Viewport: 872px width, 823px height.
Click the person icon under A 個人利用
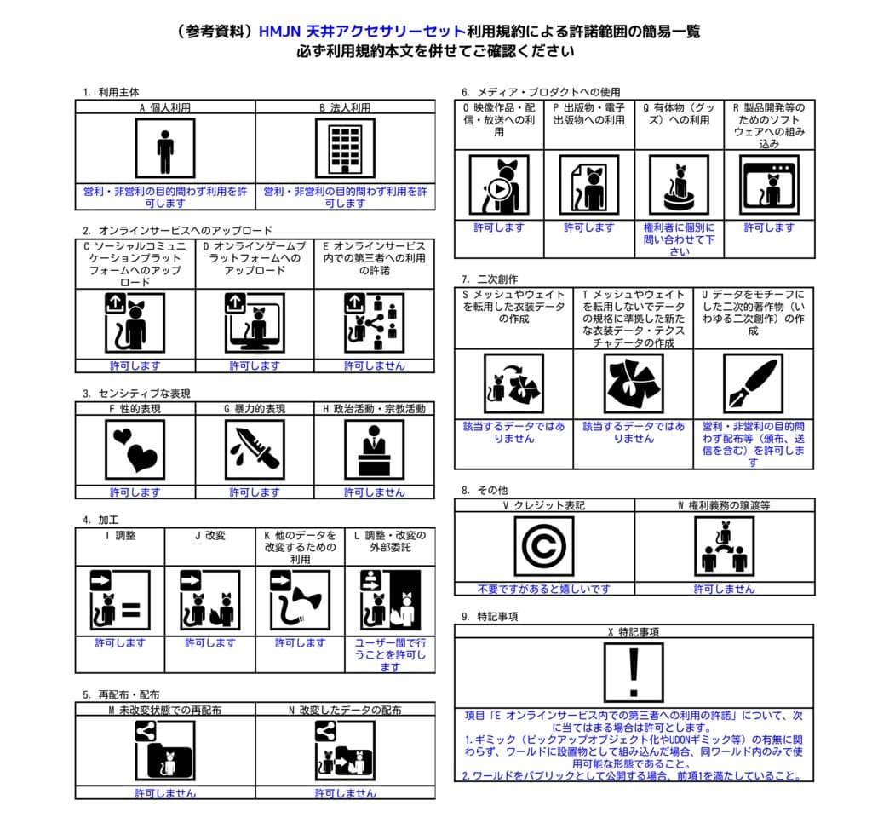(164, 148)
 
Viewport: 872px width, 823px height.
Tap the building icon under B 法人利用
(345, 148)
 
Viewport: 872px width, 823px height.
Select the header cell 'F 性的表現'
(135, 409)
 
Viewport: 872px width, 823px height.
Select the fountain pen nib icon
(753, 383)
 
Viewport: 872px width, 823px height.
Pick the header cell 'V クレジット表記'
(543, 505)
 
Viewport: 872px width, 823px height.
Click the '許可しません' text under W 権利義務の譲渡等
(724, 589)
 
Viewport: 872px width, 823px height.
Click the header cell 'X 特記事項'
(634, 632)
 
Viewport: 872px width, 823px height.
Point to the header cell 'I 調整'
(120, 536)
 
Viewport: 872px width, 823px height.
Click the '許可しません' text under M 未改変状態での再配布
(164, 793)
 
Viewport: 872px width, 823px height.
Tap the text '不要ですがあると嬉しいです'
(543, 589)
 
